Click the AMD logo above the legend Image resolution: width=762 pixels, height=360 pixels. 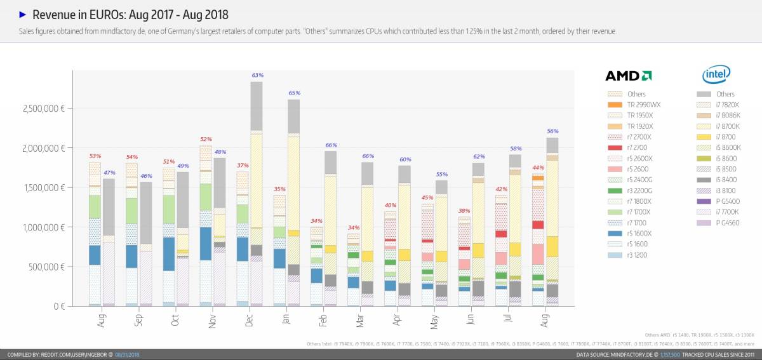[628, 76]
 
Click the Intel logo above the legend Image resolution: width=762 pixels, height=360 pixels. [716, 75]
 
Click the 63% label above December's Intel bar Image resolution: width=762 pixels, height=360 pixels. [257, 75]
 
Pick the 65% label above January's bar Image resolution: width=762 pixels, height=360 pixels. [294, 93]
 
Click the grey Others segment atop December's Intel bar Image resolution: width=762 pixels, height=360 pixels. [256, 106]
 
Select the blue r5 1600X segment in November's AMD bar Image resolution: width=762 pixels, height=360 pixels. [206, 243]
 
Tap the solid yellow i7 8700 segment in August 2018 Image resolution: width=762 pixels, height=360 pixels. [552, 246]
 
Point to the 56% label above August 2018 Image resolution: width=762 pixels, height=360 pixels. [552, 131]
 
